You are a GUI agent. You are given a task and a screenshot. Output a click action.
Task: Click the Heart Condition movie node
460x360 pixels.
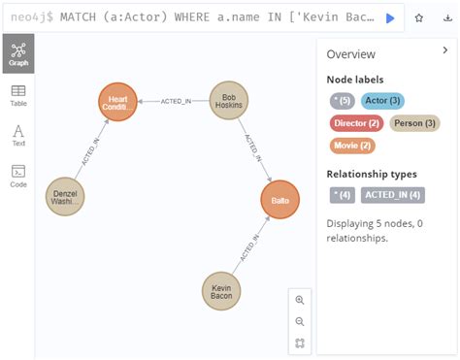tap(118, 102)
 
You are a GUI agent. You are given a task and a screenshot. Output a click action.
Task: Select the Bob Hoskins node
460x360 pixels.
tap(229, 101)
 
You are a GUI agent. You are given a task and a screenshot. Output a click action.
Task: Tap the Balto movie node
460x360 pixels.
tap(280, 200)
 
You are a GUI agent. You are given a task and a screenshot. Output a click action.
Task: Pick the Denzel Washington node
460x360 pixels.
tap(66, 197)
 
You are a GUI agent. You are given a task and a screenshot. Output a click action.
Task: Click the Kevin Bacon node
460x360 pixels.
tap(221, 290)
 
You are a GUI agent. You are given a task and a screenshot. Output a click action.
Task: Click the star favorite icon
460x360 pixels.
tap(419, 17)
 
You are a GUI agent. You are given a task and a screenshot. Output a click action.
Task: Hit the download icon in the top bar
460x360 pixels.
tap(447, 17)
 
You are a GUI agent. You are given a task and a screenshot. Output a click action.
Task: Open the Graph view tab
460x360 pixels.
tap(18, 53)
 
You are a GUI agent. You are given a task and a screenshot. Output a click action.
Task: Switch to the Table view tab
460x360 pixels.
tap(18, 94)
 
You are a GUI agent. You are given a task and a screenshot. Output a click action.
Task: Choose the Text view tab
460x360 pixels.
tap(18, 135)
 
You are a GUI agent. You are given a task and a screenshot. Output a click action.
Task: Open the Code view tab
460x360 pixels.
tap(18, 176)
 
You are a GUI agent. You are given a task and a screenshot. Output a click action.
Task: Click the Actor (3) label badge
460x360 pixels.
tap(381, 100)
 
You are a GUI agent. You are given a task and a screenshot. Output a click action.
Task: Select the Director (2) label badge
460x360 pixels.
tap(355, 123)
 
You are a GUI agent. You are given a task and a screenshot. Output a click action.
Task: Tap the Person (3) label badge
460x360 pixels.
tap(414, 123)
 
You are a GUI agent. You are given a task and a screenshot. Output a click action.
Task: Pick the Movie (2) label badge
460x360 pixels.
tap(352, 146)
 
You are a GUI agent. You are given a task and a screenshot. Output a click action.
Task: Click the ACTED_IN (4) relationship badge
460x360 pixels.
tap(393, 195)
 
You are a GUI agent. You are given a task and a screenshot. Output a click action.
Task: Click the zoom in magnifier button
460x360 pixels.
tap(300, 301)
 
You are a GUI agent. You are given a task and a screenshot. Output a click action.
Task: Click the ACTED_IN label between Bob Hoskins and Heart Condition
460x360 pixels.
tap(176, 101)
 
